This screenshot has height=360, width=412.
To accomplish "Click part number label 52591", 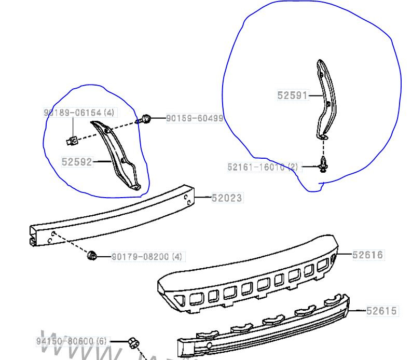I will tap(292, 95).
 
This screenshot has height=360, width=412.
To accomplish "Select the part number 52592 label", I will tap(76, 162).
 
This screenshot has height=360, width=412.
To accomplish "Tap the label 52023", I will tap(227, 198).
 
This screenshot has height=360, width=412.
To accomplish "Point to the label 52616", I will tap(367, 255).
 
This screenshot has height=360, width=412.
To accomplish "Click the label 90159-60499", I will tap(195, 119).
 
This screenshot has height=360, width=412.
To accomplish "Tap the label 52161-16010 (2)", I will tap(263, 167).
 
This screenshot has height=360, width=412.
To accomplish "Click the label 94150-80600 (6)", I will tap(72, 342).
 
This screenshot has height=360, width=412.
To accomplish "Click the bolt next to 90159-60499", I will tap(146, 119).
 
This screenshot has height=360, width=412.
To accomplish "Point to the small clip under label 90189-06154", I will tap(74, 139).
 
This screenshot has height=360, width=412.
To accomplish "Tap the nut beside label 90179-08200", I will tap(93, 255).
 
